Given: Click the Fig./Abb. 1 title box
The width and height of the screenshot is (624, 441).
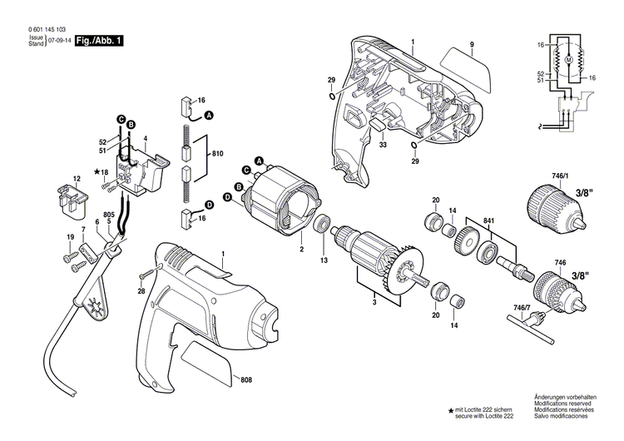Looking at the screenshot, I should point(99,39).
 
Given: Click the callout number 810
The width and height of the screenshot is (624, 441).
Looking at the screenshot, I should point(217,155).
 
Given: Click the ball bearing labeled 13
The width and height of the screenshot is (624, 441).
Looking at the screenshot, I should point(322,227).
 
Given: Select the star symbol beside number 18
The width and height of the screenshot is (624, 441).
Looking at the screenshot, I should point(97,171).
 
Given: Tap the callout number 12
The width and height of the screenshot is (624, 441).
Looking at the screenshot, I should point(77,179).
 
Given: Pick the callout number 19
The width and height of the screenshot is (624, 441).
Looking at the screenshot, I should point(70,239).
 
